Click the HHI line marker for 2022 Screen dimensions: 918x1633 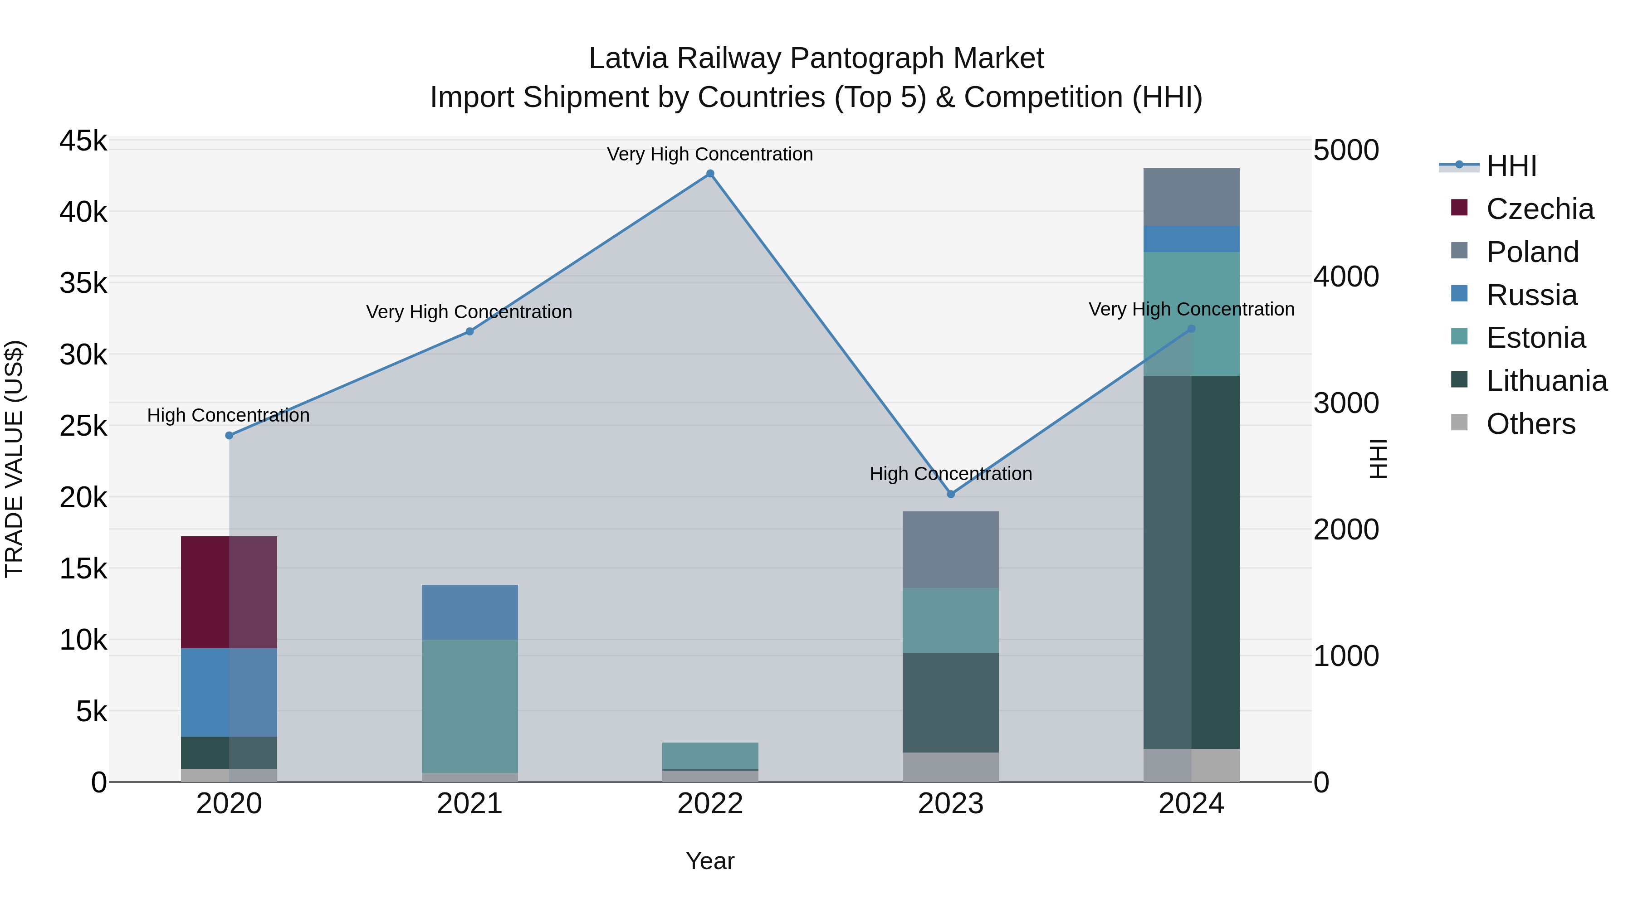tap(710, 174)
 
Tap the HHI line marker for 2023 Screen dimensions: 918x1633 tap(950, 494)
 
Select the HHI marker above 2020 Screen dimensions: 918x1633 tap(230, 435)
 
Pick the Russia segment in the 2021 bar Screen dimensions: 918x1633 tap(470, 612)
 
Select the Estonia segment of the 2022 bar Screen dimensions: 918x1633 tap(710, 755)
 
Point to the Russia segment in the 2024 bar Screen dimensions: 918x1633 tap(1191, 239)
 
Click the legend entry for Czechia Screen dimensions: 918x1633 tap(1539, 209)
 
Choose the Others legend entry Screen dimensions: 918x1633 tap(1530, 424)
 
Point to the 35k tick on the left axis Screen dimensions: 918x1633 tap(83, 283)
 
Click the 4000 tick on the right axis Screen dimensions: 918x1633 tap(1345, 277)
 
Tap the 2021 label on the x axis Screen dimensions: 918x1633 tap(470, 804)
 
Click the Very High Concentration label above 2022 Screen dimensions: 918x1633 tap(710, 154)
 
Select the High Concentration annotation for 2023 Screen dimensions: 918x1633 tap(950, 473)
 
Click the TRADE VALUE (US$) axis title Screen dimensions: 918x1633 tap(14, 459)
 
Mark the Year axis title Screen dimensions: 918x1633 tap(710, 861)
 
